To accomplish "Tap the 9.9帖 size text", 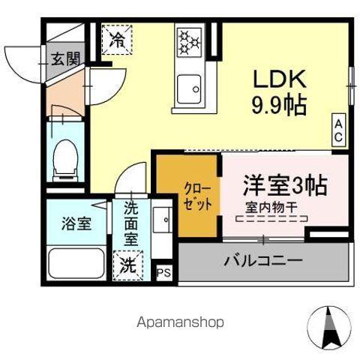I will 277,106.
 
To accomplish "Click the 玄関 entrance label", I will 64,60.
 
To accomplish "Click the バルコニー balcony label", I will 262,261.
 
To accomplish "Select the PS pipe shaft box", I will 163,273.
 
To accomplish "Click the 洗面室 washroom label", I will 130,223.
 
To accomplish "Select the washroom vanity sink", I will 162,220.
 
